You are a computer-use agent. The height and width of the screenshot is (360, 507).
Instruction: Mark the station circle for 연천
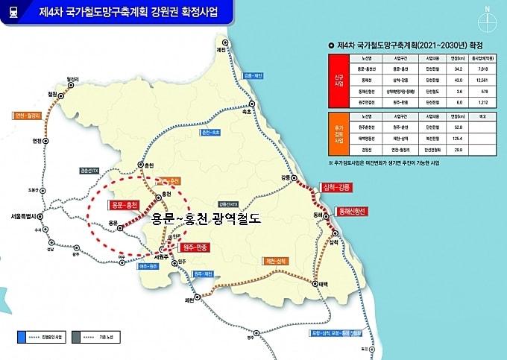click(46, 140)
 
